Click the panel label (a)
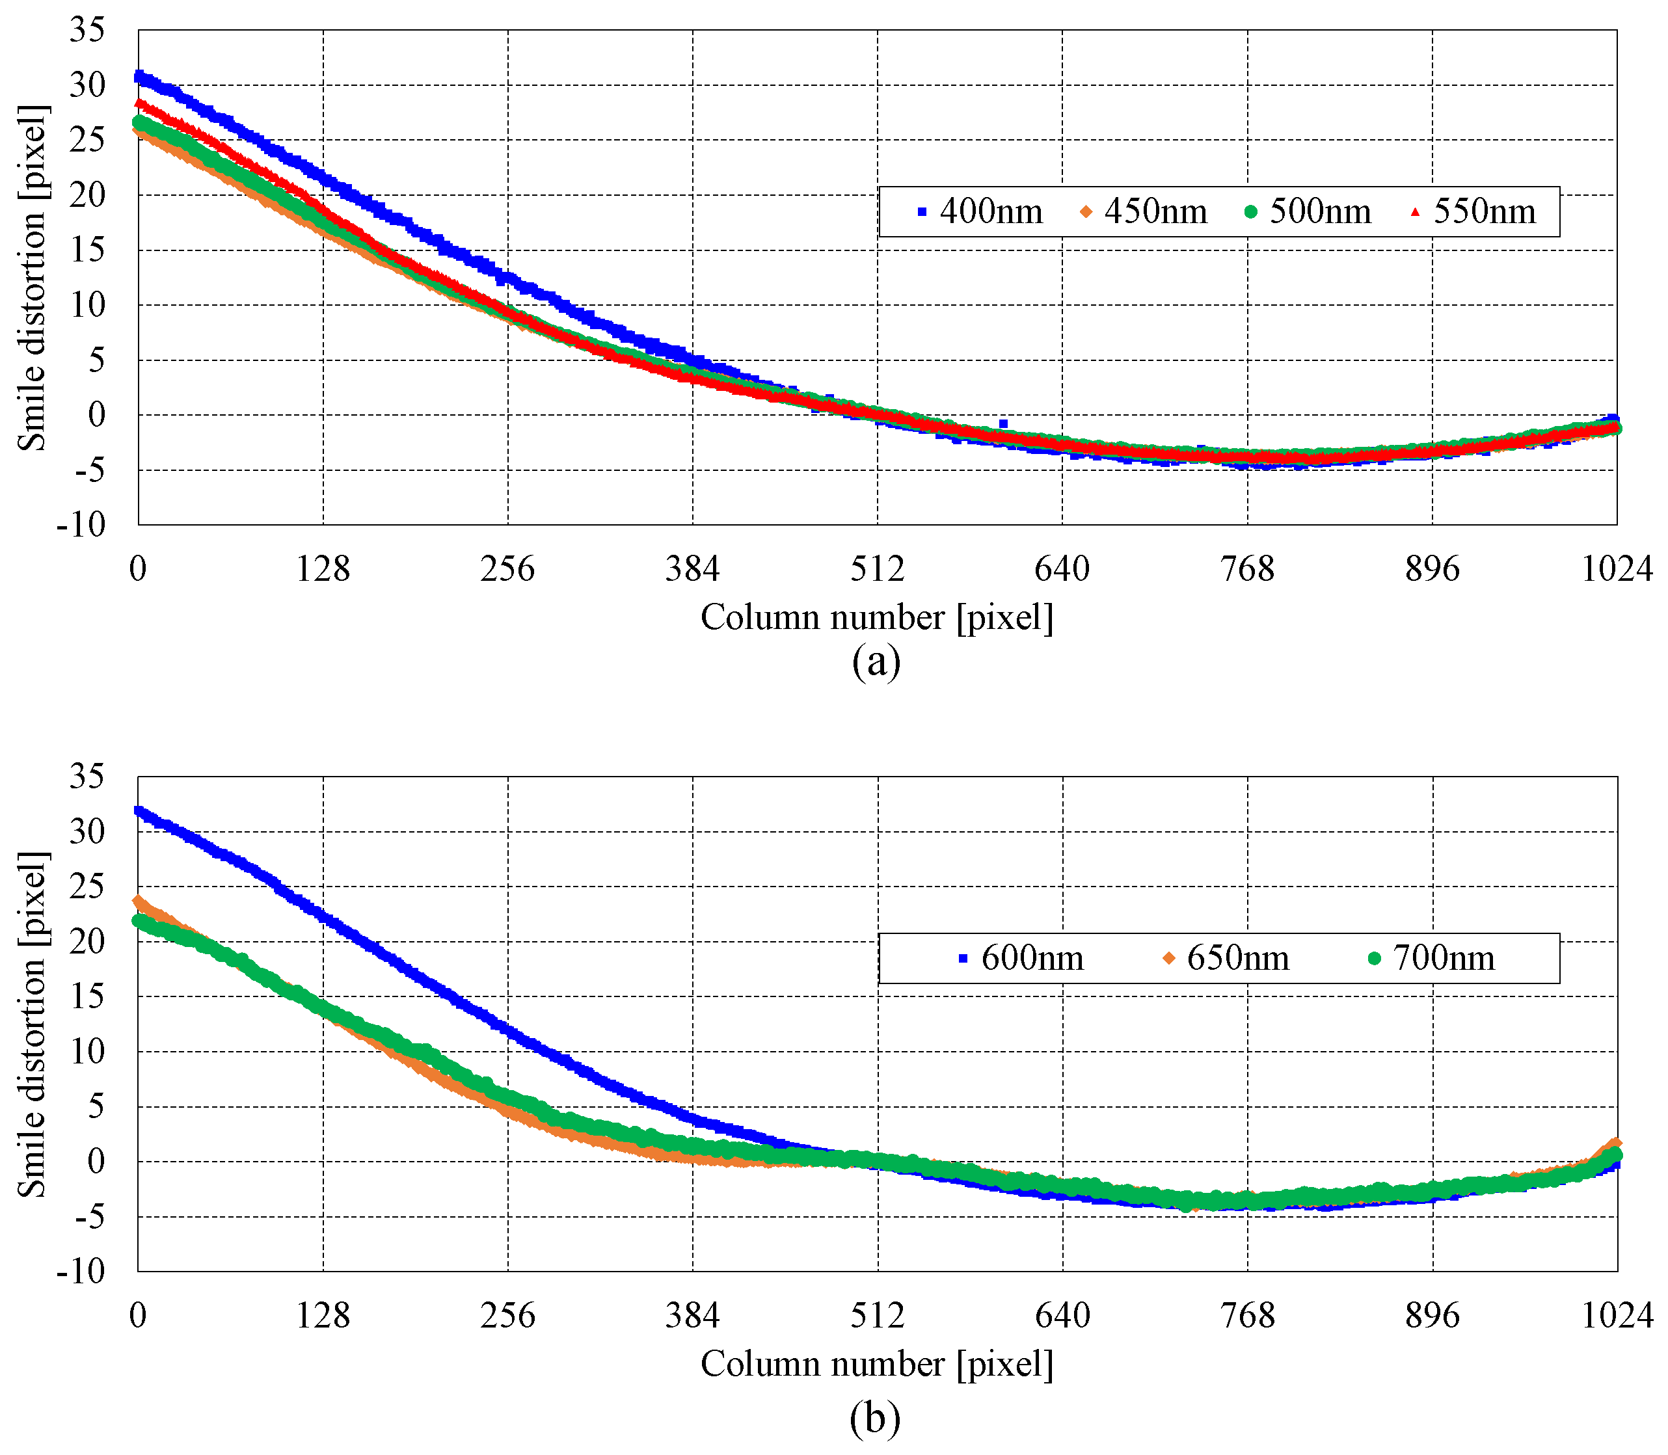pos(876,661)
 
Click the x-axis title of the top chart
pos(876,618)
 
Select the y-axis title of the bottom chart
pos(32,1024)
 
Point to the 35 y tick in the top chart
pos(87,31)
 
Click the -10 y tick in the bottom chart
pos(81,1271)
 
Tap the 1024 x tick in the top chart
pos(1616,569)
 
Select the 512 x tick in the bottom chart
pos(877,1315)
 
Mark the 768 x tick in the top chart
pos(1247,569)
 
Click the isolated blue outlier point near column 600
pos(1003,424)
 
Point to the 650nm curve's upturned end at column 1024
pos(1615,1144)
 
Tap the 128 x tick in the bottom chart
pos(323,1315)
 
